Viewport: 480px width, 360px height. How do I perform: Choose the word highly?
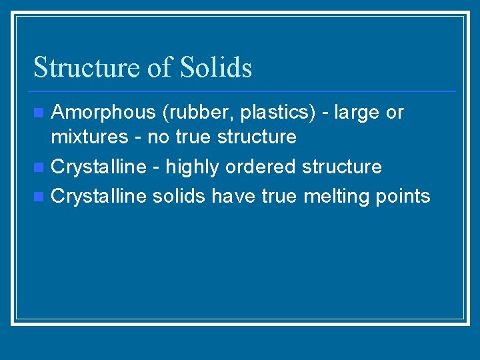[193, 167]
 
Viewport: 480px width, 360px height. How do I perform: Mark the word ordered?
[261, 167]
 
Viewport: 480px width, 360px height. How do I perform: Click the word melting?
[339, 196]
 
